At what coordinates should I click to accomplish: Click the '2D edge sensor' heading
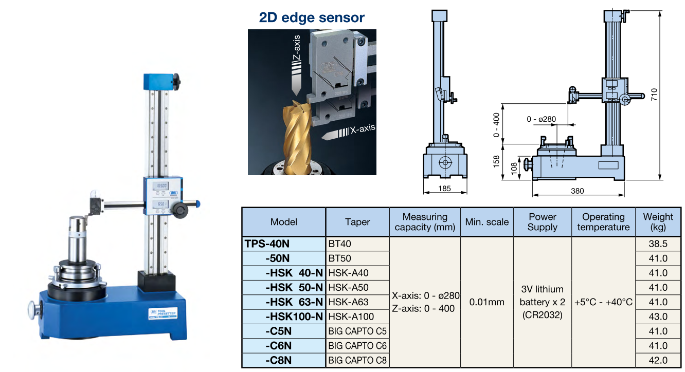click(312, 17)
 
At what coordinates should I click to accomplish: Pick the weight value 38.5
click(658, 244)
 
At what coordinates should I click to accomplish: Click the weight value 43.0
click(658, 317)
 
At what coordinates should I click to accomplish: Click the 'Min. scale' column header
click(486, 222)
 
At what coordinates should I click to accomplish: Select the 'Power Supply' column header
click(542, 222)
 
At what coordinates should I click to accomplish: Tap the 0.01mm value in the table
click(486, 302)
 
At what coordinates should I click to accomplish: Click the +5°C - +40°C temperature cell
click(603, 302)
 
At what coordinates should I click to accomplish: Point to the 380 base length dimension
click(578, 191)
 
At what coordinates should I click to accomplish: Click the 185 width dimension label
click(445, 189)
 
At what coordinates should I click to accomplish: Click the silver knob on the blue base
click(33, 309)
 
